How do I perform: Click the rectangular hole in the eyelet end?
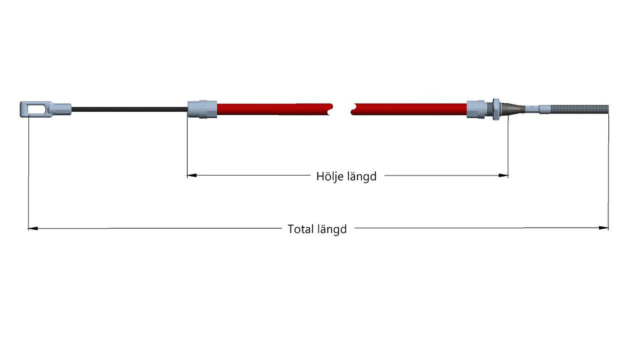coord(36,109)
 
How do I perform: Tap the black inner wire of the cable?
coord(130,109)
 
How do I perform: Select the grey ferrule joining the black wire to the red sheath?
coord(202,109)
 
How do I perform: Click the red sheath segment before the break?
coord(274,109)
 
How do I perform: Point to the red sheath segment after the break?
coord(409,109)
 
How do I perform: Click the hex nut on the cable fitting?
coord(496,109)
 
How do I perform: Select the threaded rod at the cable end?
coord(579,109)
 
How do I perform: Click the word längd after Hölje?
coord(362,177)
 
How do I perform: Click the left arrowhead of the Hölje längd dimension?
coord(192,175)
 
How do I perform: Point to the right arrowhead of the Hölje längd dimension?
coord(503,176)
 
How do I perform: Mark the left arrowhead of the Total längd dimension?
coord(33,229)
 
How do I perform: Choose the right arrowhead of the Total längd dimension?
coord(604,228)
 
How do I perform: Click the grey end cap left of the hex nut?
coord(476,109)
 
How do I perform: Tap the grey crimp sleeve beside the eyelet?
coord(62,109)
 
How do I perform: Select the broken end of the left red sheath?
coord(331,109)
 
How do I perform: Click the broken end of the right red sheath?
coord(353,109)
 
